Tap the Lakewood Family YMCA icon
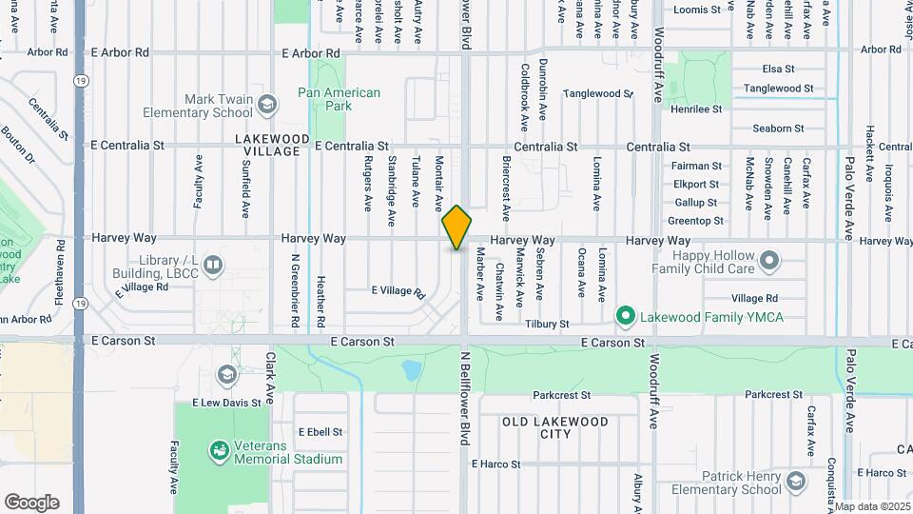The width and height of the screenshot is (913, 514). click(x=625, y=315)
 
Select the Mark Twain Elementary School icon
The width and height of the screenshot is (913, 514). click(x=268, y=103)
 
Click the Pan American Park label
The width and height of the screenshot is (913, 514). click(x=339, y=99)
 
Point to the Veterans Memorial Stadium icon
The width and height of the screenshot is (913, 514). click(x=219, y=447)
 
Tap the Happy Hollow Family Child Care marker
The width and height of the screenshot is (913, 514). click(x=768, y=260)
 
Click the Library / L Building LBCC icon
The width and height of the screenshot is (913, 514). click(x=212, y=264)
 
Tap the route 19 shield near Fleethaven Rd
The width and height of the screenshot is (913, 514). click(x=80, y=304)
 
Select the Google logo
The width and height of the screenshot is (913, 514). click(x=31, y=502)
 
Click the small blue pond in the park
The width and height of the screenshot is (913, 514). click(x=413, y=367)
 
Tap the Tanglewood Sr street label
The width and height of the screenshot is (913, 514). click(x=597, y=93)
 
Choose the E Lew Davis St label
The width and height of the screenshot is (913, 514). click(x=226, y=403)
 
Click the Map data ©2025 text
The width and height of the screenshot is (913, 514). click(x=871, y=506)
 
